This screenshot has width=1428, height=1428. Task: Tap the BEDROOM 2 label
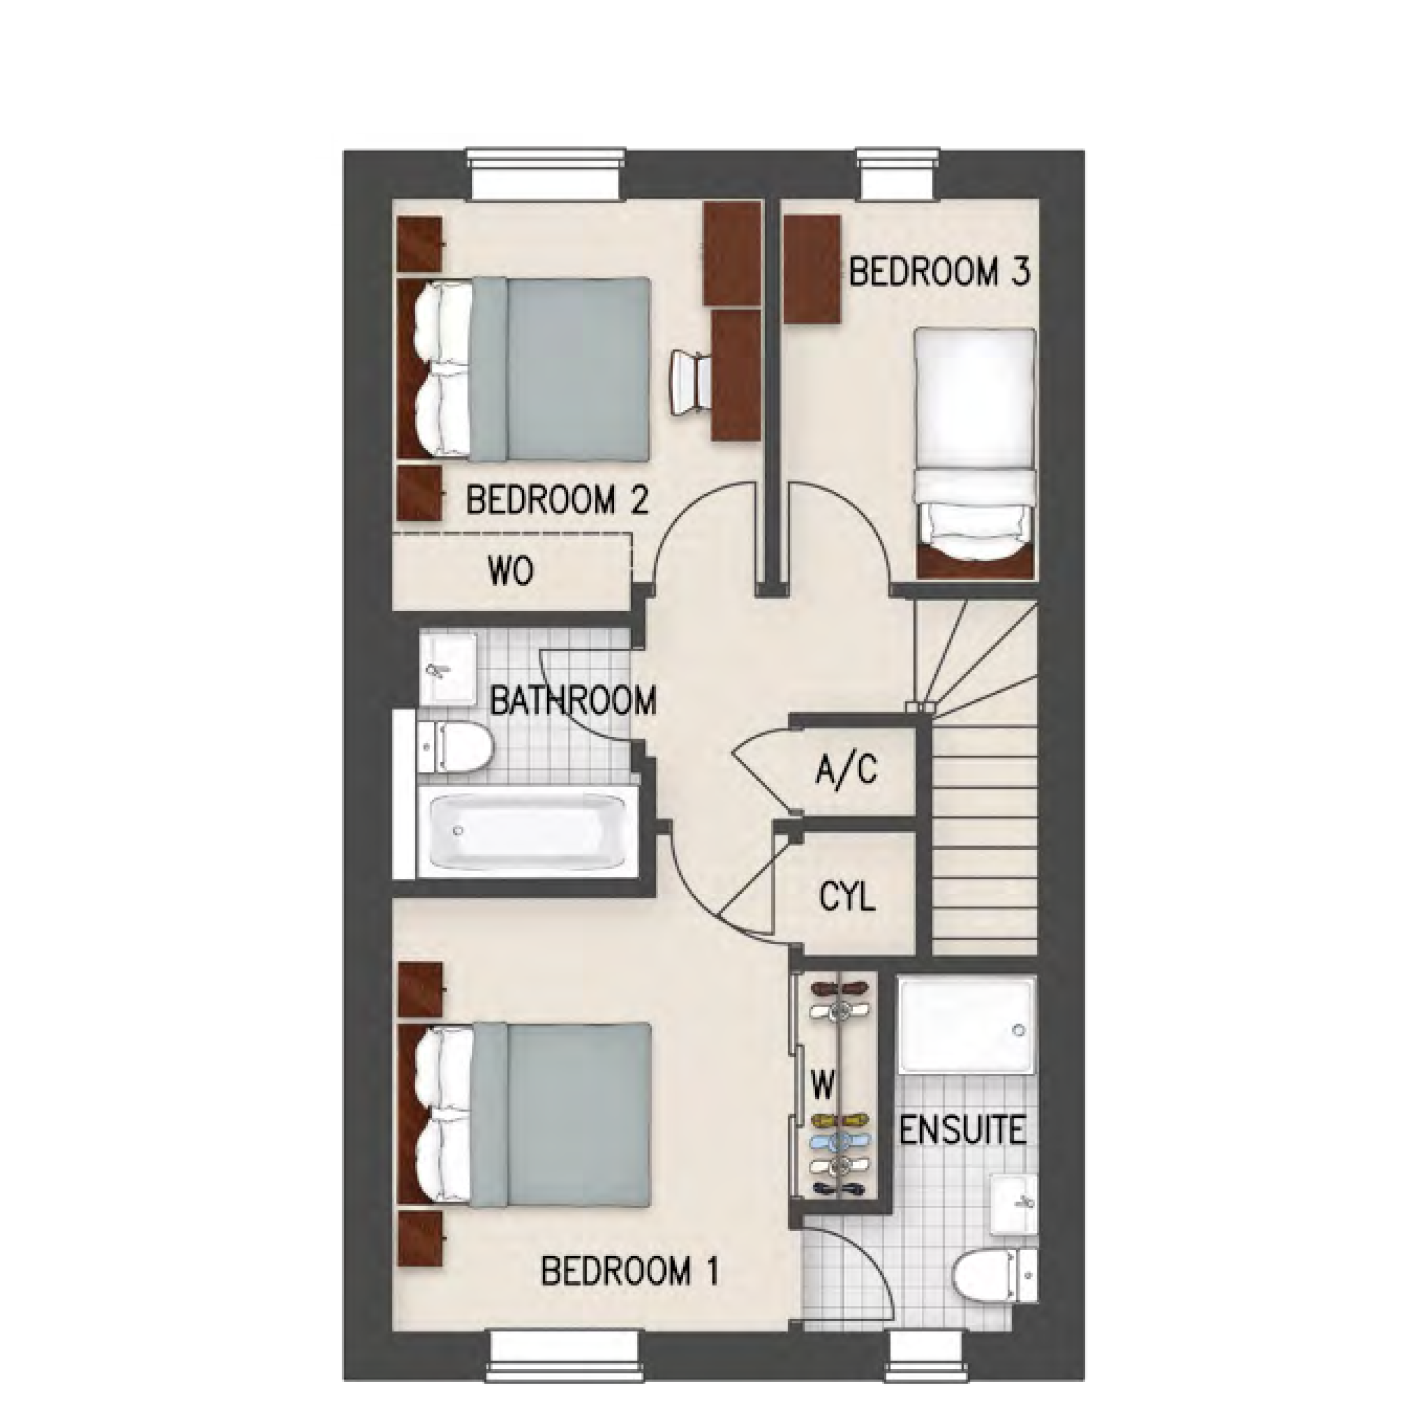click(557, 500)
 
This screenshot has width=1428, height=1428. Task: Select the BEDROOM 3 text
click(938, 272)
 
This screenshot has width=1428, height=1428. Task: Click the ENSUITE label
click(963, 1130)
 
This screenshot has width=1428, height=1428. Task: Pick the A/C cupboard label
click(847, 769)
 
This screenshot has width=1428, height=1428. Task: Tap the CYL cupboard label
click(847, 897)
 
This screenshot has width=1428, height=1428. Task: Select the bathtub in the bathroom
click(528, 832)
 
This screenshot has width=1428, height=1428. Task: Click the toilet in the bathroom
click(455, 748)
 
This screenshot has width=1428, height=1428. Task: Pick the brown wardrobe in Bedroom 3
click(812, 269)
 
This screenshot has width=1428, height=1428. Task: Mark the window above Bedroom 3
click(898, 174)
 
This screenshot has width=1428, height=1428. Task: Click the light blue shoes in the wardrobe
click(842, 1159)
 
